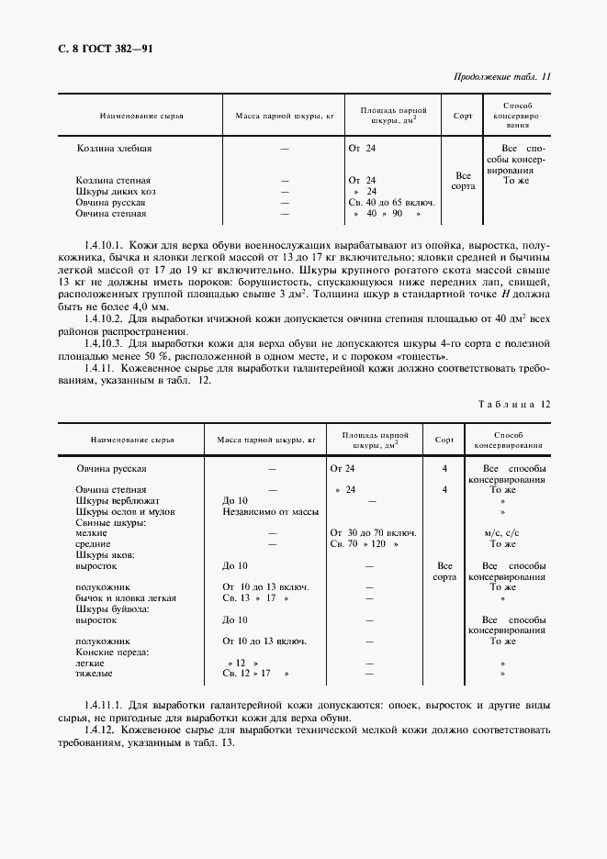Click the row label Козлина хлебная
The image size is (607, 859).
(x=114, y=148)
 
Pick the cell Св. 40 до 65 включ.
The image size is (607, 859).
(x=390, y=202)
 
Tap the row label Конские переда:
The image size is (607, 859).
(x=112, y=652)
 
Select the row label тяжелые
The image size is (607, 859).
(x=95, y=674)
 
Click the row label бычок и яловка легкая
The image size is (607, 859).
(x=126, y=598)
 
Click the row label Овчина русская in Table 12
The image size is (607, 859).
(x=111, y=468)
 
